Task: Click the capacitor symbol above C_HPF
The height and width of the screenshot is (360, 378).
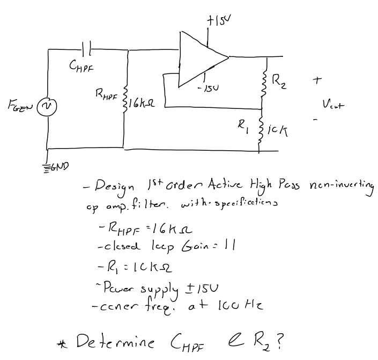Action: coord(87,50)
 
